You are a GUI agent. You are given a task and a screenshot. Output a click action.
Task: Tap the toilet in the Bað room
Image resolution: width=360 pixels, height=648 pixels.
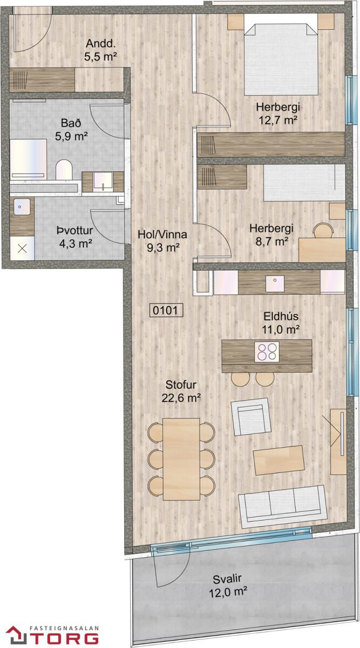tap(64, 170)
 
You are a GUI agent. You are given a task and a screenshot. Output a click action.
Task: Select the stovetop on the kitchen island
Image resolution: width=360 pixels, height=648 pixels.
tap(267, 352)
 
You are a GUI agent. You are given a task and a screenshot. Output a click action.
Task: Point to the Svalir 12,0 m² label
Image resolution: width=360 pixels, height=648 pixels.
tap(228, 585)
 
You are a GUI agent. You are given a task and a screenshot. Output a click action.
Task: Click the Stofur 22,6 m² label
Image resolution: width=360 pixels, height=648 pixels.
tap(181, 391)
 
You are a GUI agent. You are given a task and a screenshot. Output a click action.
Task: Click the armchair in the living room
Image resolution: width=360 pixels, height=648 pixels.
tap(251, 416)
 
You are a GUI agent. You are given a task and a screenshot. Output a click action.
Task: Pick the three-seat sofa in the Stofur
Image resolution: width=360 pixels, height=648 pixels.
tap(283, 507)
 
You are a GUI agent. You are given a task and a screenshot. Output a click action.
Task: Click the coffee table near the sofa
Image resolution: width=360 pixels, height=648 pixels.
tap(279, 460)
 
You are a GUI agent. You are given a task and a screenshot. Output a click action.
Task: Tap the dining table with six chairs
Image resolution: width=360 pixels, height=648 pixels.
tap(181, 459)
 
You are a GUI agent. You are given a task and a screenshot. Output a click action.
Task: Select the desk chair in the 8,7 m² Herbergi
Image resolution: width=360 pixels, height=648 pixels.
tap(323, 231)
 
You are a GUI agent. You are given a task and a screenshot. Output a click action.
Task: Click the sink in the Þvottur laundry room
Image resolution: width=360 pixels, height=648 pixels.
tap(22, 206)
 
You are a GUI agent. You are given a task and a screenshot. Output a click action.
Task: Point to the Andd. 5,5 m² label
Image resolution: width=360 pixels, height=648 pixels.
tap(100, 50)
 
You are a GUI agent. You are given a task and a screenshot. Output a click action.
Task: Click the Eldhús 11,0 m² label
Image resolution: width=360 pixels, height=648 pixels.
tap(281, 322)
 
